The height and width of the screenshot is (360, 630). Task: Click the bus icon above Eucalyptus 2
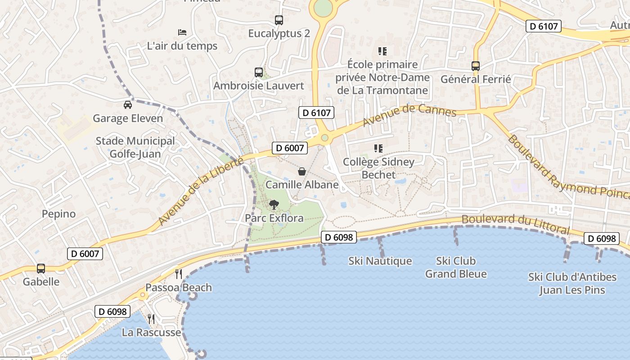279,20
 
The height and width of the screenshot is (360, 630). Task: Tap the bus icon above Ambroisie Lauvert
259,72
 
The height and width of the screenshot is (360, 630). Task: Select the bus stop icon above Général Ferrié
476,66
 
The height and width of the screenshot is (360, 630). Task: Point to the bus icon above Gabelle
41,269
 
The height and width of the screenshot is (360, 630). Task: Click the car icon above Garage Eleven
128,105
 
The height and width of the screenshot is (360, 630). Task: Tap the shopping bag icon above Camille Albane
302,171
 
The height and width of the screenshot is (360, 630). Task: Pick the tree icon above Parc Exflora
274,205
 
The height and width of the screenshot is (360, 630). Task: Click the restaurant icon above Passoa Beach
179,274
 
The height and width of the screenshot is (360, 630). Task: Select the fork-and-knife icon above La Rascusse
151,319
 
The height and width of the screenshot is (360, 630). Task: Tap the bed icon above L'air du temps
182,32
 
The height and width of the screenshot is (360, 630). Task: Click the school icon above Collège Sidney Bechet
378,148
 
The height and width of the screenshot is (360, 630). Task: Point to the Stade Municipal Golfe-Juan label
135,148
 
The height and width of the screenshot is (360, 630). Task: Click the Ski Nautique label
380,261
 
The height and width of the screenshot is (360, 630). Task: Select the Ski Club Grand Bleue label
456,267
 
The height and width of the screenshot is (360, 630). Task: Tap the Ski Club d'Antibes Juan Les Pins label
572,283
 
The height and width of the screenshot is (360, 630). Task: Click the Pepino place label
58,214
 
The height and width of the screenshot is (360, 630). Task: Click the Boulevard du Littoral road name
516,224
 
